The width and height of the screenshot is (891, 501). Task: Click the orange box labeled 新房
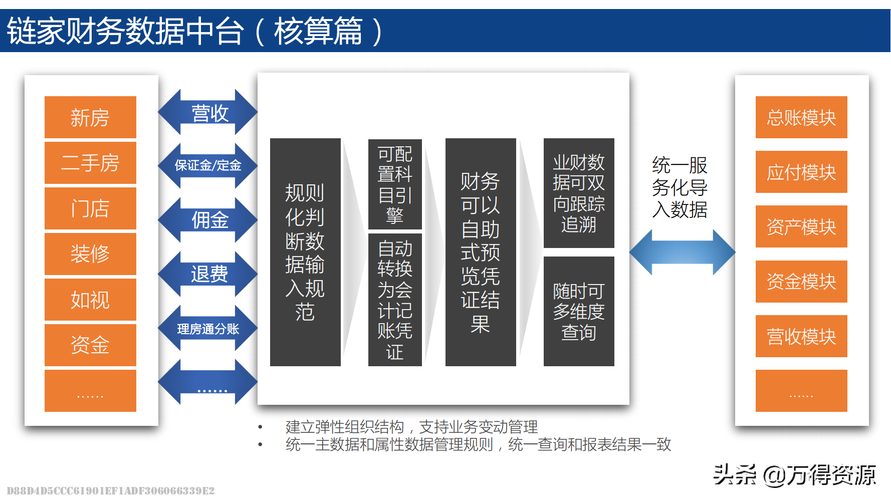point(90,117)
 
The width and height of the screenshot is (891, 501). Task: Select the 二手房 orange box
point(90,163)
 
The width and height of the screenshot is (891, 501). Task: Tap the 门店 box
point(90,208)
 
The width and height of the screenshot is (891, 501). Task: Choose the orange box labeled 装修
point(90,254)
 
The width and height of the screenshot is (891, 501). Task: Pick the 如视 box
point(90,300)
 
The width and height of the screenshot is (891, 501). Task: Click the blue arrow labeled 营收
point(208,113)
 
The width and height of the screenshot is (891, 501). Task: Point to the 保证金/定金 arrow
point(208,165)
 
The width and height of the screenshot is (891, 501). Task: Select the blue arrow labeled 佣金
point(208,220)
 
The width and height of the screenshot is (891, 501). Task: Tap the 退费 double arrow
point(208,274)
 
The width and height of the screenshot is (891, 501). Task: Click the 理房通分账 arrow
point(208,329)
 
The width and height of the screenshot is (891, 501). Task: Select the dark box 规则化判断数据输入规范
point(305,252)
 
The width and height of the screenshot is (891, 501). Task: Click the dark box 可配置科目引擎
point(395,184)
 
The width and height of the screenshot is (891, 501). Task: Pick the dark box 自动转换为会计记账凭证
point(395,300)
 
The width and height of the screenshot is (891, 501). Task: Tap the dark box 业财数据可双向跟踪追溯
point(579,193)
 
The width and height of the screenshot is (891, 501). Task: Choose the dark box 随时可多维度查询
point(579,311)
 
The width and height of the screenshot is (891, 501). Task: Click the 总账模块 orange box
point(801,117)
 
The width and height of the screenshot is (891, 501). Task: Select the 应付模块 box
point(801,172)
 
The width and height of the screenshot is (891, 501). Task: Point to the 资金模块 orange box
point(801,282)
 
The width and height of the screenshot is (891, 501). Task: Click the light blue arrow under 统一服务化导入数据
point(682,252)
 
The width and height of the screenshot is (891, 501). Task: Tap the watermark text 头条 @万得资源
point(794,474)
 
